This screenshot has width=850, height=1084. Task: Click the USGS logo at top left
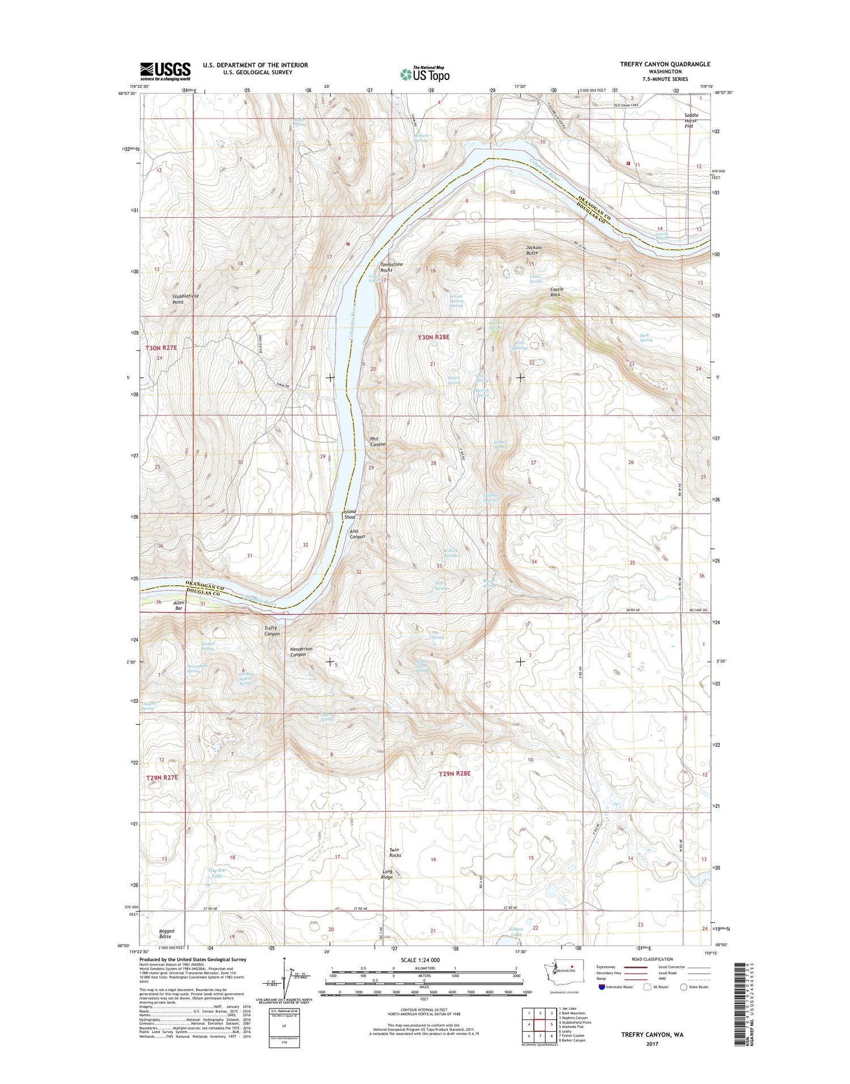pos(165,69)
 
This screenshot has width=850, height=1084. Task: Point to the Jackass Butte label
pos(534,250)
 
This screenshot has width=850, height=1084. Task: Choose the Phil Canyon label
pos(377,441)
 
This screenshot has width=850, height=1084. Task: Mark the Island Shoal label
pos(350,514)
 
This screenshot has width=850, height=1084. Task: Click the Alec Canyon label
pos(357,533)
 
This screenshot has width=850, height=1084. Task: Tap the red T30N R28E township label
pos(433,337)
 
